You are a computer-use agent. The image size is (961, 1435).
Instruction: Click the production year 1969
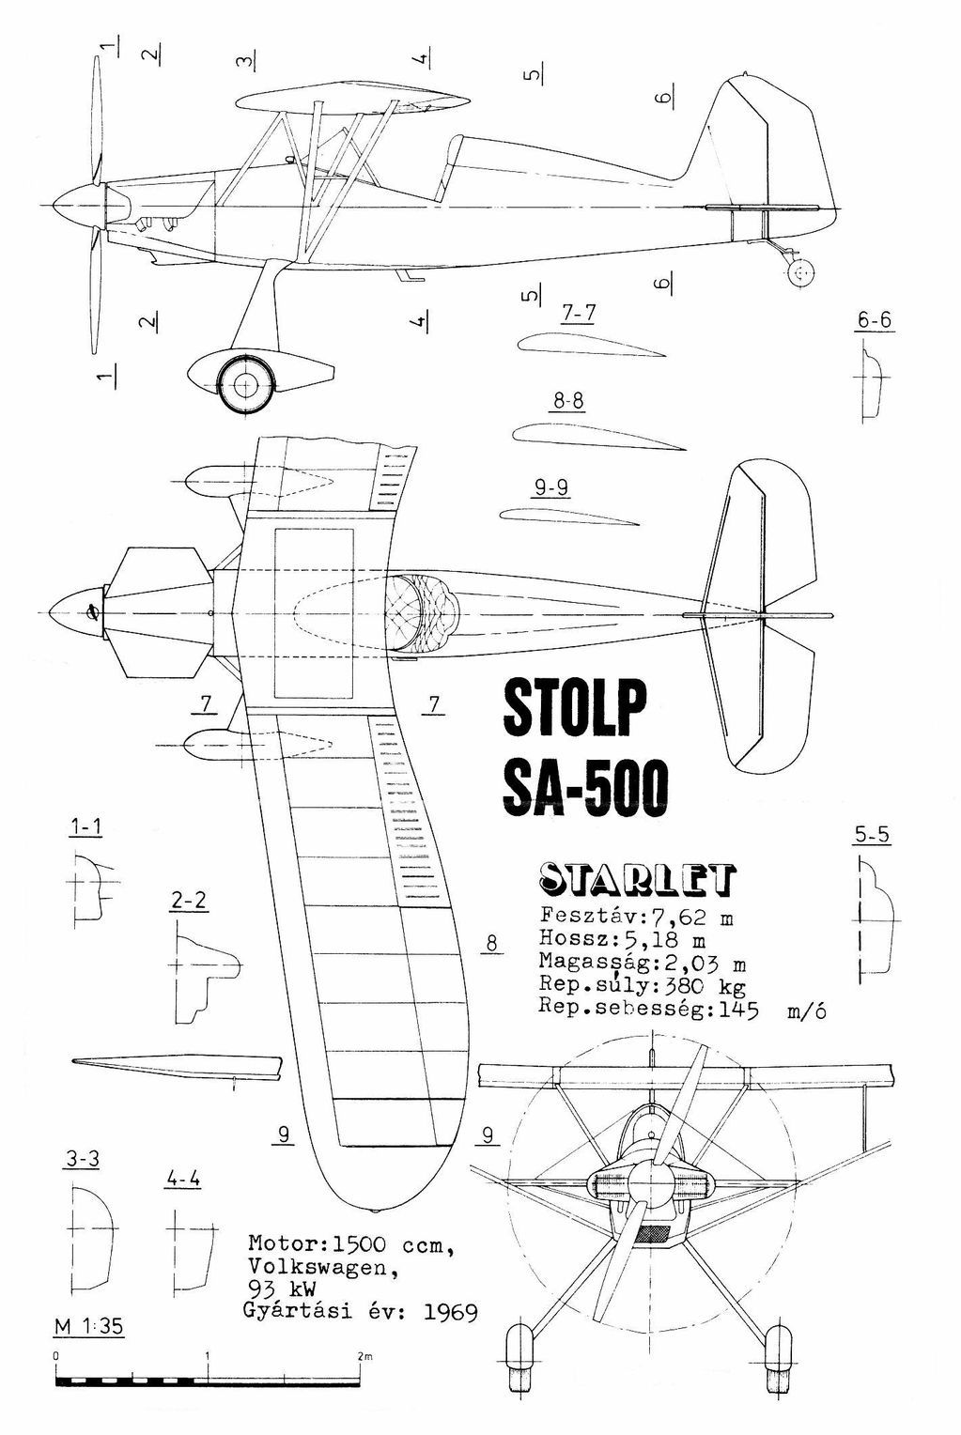(x=449, y=1312)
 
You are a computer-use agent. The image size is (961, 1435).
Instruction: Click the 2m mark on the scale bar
(x=362, y=1358)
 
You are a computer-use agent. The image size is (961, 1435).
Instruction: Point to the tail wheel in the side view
(x=799, y=273)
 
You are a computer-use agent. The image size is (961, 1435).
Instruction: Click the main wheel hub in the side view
(x=245, y=382)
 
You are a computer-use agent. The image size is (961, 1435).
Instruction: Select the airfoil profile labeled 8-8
(x=597, y=436)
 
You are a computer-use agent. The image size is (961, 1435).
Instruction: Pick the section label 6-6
(x=874, y=321)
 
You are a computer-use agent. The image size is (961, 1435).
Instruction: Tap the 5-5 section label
(x=872, y=835)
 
